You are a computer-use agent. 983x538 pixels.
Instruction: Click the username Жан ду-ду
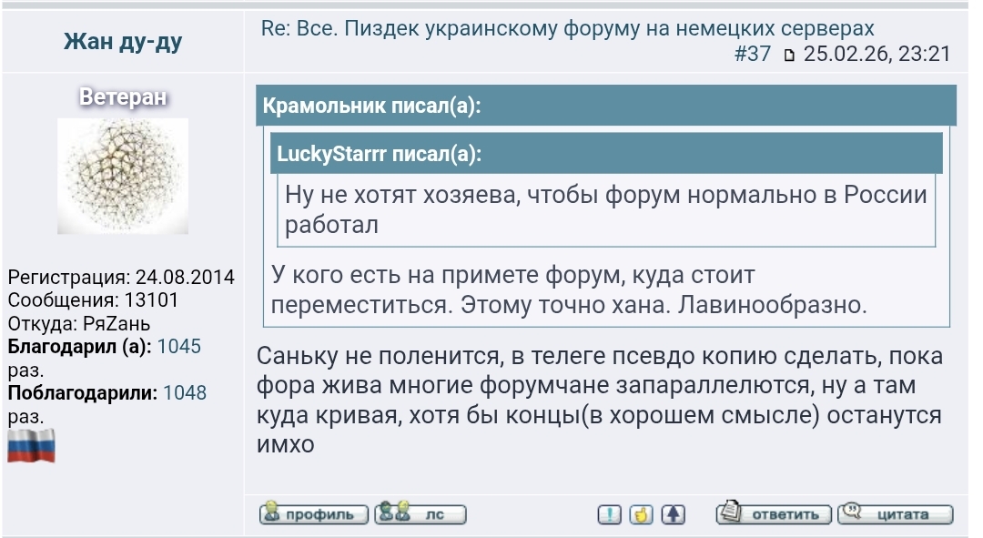coord(123,42)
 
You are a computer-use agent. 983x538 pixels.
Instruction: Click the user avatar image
coord(123,176)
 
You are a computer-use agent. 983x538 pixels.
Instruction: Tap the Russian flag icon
coord(32,446)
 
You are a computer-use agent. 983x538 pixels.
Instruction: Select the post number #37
coord(752,54)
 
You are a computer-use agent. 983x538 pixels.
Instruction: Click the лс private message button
coord(421,514)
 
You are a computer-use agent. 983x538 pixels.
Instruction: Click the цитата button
coord(896,514)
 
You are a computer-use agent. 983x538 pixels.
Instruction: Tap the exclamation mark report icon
coord(610,514)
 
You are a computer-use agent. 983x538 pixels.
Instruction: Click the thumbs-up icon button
coord(642,514)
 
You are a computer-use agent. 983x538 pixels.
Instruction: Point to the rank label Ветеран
coord(123,97)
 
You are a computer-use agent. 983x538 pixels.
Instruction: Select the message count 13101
coord(150,299)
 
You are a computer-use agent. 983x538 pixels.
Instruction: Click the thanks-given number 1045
coord(179,347)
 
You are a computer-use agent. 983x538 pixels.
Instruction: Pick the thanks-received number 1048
coord(185,393)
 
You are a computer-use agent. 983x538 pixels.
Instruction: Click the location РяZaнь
coord(113,323)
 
